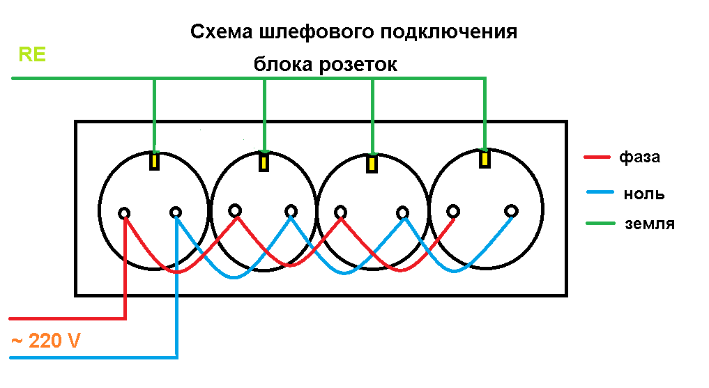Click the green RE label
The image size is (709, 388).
[x=32, y=55]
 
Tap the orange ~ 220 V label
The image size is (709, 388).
[x=45, y=342]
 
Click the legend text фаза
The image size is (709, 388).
[x=639, y=157]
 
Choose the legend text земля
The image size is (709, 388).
[x=649, y=224]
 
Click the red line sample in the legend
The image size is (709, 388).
[x=597, y=157]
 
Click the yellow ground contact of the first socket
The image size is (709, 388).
[x=155, y=161]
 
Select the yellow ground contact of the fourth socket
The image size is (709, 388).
[x=484, y=159]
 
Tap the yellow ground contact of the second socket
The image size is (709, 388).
[x=264, y=162]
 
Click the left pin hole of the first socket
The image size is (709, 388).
[x=125, y=212]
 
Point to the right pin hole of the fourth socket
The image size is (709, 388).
[x=512, y=210]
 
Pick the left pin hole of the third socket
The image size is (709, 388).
[x=340, y=212]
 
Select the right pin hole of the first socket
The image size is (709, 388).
[x=176, y=212]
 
